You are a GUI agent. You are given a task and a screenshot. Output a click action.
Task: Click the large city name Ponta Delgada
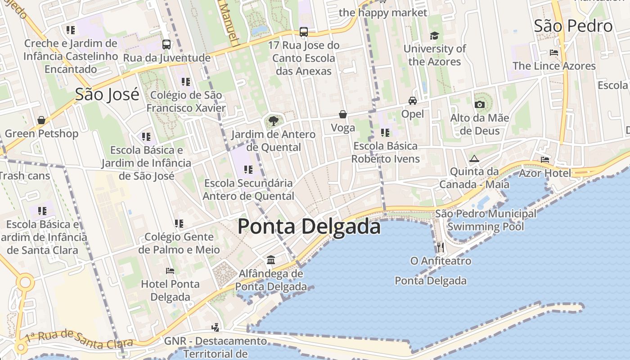tap(309, 226)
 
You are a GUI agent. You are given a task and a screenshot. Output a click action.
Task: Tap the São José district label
tap(107, 94)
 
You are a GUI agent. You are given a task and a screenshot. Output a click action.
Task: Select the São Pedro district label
tap(573, 26)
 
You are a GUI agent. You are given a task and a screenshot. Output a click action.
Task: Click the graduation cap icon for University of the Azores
tap(434, 36)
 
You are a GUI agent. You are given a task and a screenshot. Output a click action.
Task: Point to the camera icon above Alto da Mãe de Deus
tap(480, 105)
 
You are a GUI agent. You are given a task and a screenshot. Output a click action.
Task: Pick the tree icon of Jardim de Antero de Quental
tap(273, 121)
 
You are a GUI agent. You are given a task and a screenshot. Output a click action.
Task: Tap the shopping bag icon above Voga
tap(343, 114)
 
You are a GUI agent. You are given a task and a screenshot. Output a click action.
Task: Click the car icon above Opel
tap(413, 100)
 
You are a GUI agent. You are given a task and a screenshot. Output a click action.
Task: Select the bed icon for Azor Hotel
tap(545, 160)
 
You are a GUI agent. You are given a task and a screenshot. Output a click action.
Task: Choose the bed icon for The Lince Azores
tap(554, 53)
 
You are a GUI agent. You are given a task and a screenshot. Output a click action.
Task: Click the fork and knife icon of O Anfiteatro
tap(441, 247)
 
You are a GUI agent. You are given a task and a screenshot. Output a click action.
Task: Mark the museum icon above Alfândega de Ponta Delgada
tap(271, 260)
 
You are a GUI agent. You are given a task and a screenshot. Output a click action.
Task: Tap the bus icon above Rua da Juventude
tap(166, 44)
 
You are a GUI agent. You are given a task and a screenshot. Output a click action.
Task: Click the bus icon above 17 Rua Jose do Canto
tap(304, 31)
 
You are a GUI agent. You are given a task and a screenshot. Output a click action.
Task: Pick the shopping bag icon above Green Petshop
tap(41, 120)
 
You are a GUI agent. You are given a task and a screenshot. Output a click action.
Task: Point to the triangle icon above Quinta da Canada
tap(474, 159)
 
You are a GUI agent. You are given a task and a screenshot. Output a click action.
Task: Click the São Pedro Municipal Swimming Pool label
tap(486, 220)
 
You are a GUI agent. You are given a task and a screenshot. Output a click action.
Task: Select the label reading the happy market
tap(382, 13)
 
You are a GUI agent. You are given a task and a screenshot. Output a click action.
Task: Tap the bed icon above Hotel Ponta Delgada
tap(170, 270)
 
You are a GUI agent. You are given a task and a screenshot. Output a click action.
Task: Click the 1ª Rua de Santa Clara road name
tap(79, 338)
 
